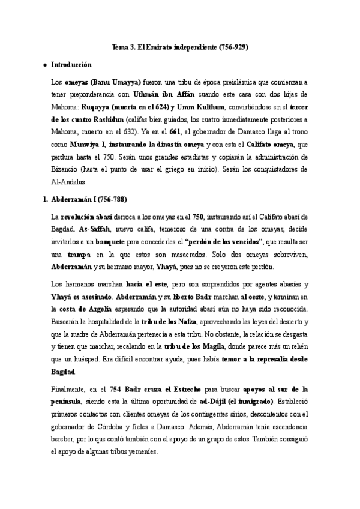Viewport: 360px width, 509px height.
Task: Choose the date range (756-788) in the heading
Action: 109,199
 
